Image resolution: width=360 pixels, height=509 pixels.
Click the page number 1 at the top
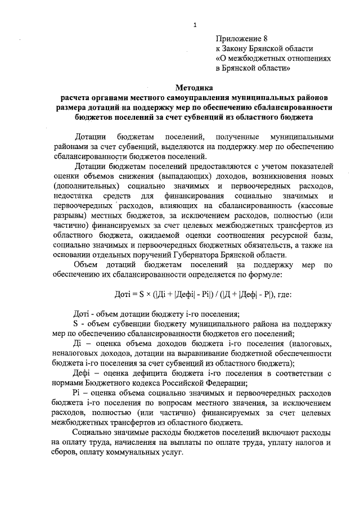195,25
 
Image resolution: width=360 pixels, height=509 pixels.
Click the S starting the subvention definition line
76,325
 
